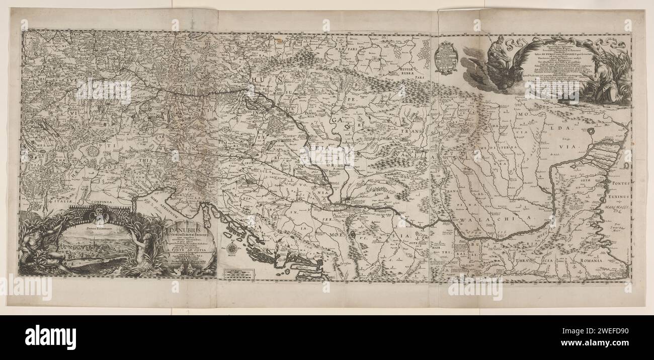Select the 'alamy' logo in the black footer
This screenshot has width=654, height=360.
[50, 335]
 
